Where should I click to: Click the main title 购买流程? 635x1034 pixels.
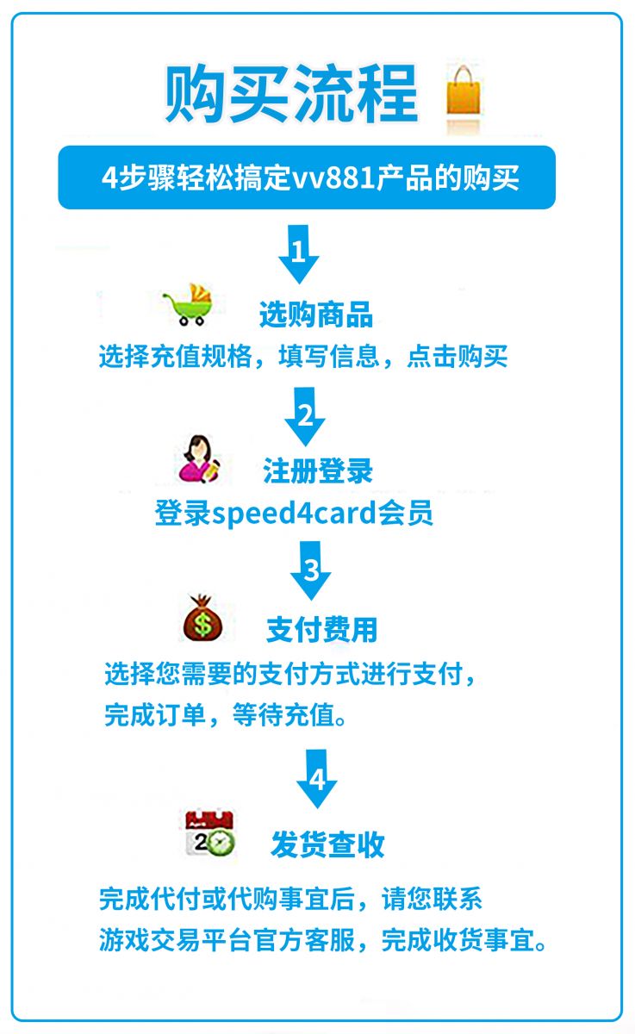(x=291, y=94)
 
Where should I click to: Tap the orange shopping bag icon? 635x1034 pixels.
(x=464, y=90)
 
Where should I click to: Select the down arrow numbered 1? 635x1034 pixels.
(x=299, y=254)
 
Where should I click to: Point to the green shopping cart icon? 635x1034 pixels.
(x=189, y=305)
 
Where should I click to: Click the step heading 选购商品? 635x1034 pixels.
(x=316, y=315)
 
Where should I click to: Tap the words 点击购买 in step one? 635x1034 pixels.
(x=458, y=357)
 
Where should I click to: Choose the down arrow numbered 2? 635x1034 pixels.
(x=305, y=416)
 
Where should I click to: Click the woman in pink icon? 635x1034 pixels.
(x=199, y=459)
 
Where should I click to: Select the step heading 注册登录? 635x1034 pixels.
(x=318, y=470)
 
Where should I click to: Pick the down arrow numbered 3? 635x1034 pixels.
(x=310, y=570)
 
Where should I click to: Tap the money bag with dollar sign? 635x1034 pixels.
(x=202, y=618)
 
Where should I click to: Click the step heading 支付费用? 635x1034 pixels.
(x=321, y=629)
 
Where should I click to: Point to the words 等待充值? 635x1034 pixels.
(x=283, y=715)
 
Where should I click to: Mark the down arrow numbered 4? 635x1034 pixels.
(x=316, y=779)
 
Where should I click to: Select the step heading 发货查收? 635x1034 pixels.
(x=327, y=844)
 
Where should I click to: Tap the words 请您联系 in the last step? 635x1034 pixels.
(x=432, y=899)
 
